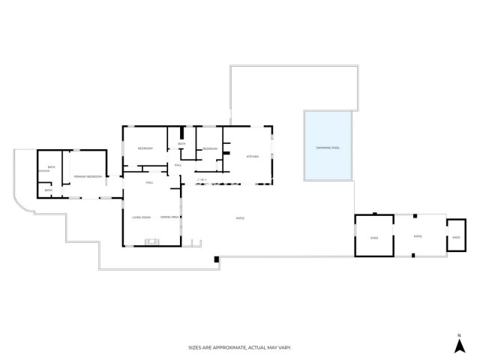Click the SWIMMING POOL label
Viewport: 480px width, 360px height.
[328, 148]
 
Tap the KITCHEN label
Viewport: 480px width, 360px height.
[253, 157]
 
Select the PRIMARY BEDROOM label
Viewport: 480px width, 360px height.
[88, 176]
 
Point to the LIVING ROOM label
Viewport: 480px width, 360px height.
[142, 217]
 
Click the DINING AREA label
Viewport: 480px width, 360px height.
[169, 217]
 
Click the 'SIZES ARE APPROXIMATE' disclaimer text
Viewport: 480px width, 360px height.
[239, 347]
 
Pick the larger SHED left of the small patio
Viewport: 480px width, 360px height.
[374, 238]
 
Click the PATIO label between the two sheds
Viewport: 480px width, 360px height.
[418, 237]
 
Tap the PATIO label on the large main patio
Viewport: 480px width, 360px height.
[240, 218]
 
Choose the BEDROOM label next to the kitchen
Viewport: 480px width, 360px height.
[210, 148]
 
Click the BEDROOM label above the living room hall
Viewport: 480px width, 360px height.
[145, 148]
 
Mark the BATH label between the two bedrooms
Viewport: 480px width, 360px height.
[181, 143]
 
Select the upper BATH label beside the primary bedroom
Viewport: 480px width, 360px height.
[52, 167]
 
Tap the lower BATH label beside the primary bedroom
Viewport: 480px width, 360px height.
[48, 190]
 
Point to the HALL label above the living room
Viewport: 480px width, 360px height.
[150, 182]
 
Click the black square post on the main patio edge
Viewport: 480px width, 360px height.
[216, 259]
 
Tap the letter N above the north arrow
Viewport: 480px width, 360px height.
[459, 334]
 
